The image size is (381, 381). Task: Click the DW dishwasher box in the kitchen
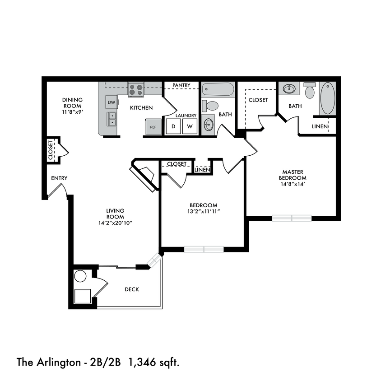[111, 102]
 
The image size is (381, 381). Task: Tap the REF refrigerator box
[153, 127]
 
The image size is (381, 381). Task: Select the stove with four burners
[135, 89]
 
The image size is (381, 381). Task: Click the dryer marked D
[173, 127]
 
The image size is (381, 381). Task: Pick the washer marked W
[190, 127]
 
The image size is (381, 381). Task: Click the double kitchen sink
[111, 119]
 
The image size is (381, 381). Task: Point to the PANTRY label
[181, 85]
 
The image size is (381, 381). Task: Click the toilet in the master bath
[310, 92]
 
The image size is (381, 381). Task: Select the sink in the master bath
[289, 89]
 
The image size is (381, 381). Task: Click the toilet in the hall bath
[210, 106]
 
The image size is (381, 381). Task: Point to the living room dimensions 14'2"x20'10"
[115, 223]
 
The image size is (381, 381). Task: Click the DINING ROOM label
[72, 103]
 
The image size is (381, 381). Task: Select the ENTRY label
[59, 178]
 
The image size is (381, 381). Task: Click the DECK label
[132, 289]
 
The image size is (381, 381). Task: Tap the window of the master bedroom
[291, 218]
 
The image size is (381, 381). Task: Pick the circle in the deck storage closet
[80, 276]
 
